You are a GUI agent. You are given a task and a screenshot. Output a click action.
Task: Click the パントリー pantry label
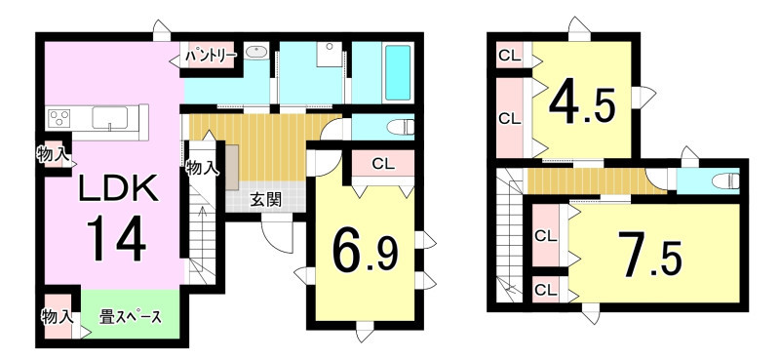coord(211,57)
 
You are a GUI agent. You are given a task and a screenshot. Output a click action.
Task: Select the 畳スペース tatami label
coord(131,317)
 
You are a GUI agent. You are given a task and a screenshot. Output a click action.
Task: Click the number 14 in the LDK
coord(117,237)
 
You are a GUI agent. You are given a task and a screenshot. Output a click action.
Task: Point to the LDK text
coord(118,188)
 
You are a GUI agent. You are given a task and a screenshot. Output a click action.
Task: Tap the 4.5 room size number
coord(583,104)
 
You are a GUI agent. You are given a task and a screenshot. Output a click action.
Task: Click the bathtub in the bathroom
coord(398,73)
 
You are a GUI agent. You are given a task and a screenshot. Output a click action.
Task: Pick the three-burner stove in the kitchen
coord(58,119)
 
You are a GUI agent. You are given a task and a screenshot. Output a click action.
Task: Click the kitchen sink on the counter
coord(109,118)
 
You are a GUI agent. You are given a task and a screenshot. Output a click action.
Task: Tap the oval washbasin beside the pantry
coord(255,51)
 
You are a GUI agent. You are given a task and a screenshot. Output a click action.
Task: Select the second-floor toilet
coord(726,181)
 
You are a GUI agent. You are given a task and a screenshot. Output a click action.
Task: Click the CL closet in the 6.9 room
coord(383,164)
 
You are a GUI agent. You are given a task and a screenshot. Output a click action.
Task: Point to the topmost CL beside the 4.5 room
coord(510,57)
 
